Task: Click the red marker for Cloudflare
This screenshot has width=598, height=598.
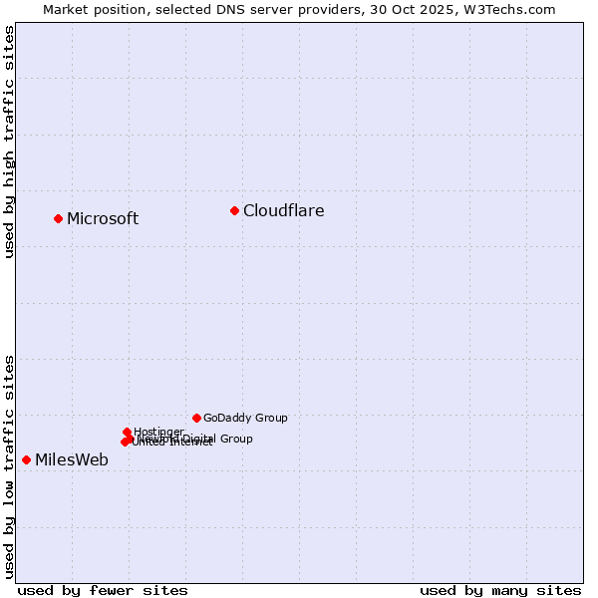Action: pos(234,210)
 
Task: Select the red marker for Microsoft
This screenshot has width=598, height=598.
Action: pos(58,218)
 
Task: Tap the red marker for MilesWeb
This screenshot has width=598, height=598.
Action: pos(26,459)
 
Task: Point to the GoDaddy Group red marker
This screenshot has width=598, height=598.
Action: pos(196,418)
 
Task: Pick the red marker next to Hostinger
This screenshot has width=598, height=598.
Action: pos(127,432)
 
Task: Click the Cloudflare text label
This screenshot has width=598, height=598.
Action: pos(283,210)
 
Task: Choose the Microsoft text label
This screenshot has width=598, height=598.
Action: pos(103,218)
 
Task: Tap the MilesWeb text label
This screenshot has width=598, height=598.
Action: pos(72,459)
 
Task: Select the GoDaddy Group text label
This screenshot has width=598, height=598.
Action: pos(245,418)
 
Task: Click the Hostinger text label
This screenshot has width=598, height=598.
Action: pos(158,432)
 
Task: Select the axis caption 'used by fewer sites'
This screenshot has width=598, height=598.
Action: pos(103,590)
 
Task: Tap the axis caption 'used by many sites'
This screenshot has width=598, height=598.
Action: pos(500,590)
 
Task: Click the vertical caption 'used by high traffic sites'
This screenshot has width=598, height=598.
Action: pos(9,142)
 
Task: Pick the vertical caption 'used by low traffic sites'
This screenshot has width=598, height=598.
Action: pos(9,466)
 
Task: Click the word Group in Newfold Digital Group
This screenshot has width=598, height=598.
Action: pos(235,439)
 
